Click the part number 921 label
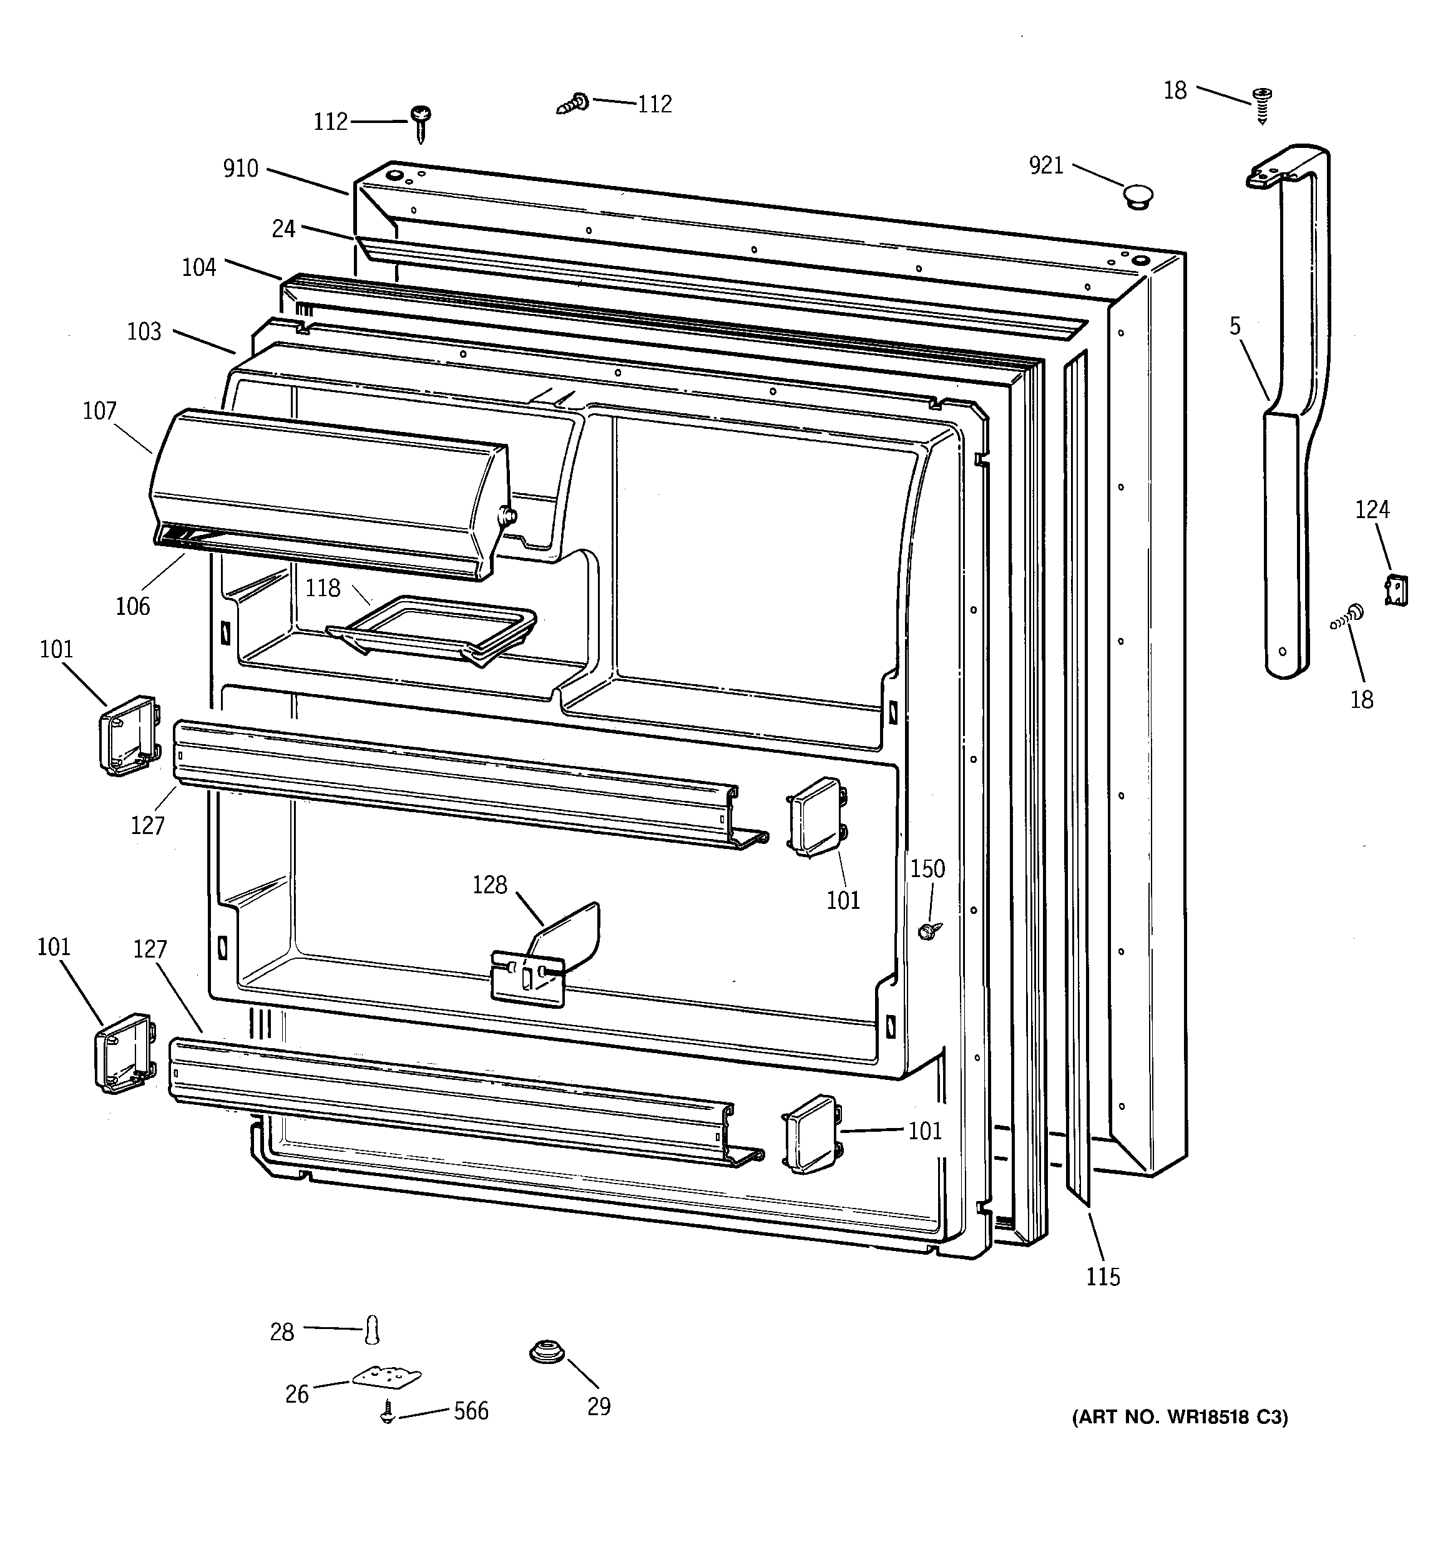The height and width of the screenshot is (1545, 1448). point(1045,165)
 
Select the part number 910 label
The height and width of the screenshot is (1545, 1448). point(240,169)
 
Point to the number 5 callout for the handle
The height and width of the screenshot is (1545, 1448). point(1235,326)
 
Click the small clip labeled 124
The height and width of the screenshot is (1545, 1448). point(1396,590)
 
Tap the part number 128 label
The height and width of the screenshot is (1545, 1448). point(490,885)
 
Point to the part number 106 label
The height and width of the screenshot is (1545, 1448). point(133,606)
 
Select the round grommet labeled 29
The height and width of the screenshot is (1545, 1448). point(547,1352)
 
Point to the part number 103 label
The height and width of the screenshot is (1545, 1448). point(145,332)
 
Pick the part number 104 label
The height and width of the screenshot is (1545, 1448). point(199,267)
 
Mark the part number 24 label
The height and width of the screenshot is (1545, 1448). point(284,228)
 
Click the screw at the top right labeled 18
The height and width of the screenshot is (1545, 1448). point(1261,104)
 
